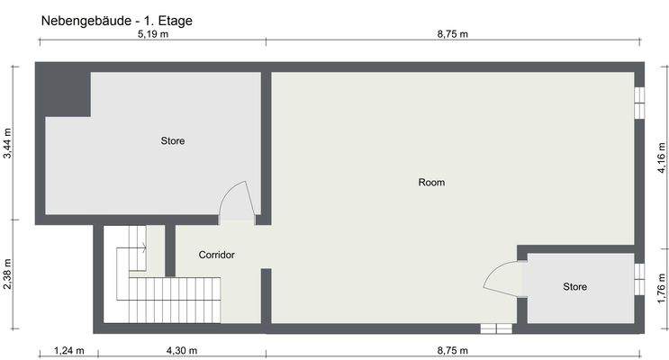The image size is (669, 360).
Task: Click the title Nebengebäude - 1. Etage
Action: point(117,19)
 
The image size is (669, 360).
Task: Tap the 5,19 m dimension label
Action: point(152,34)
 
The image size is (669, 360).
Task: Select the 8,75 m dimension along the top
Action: point(457,34)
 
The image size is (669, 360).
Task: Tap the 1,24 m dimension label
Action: point(68,351)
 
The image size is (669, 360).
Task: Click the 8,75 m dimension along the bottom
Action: point(457,351)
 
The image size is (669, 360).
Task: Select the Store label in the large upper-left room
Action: point(173,141)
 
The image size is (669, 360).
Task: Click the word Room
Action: point(431,183)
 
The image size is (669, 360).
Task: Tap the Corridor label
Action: point(216,255)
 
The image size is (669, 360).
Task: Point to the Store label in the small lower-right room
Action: point(574,287)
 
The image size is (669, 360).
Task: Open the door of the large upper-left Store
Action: point(237,203)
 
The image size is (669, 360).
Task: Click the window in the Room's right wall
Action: point(639,103)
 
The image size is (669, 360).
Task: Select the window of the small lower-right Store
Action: point(639,280)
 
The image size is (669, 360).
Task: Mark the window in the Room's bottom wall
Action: point(494,328)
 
